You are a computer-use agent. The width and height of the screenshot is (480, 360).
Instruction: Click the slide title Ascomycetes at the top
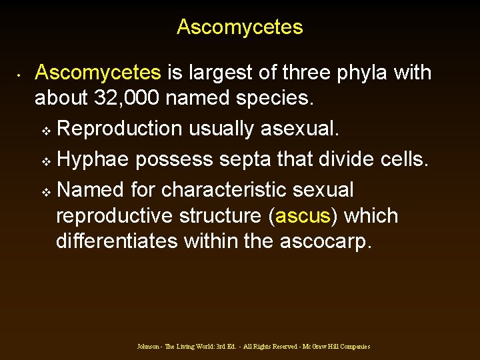pyautogui.click(x=240, y=27)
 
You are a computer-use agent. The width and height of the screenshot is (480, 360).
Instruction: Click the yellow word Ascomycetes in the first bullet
pyautogui.click(x=98, y=73)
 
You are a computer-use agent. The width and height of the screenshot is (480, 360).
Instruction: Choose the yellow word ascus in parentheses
pyautogui.click(x=302, y=216)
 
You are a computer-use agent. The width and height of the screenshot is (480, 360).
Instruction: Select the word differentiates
pyautogui.click(x=117, y=241)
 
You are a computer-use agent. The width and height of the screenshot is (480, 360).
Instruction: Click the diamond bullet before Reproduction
pyautogui.click(x=46, y=129)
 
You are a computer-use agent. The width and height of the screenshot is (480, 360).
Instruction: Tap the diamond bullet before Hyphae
pyautogui.click(x=46, y=161)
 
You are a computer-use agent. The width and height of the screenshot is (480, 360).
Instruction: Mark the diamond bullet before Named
pyautogui.click(x=46, y=191)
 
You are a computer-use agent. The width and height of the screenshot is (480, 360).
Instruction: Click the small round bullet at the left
pyautogui.click(x=21, y=73)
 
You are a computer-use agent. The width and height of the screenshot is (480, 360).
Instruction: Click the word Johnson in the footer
pyautogui.click(x=147, y=347)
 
